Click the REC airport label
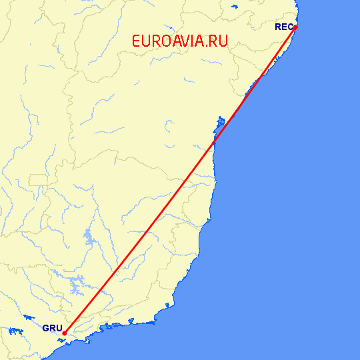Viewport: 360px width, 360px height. coord(283,27)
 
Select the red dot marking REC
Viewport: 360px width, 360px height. coord(295,27)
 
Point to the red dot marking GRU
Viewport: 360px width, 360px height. coord(65,333)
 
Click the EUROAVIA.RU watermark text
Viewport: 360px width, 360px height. coord(180,41)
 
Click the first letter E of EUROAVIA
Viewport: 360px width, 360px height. coord(137,41)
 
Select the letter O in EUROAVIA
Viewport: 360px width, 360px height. coord(163,41)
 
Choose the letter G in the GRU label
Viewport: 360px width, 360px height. coord(45,329)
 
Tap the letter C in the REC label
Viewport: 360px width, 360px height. coord(289,27)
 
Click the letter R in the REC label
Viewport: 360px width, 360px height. coord(278,27)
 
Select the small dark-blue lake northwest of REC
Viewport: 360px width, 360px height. coord(234,8)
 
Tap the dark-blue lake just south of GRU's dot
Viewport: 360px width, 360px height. coord(63,341)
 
